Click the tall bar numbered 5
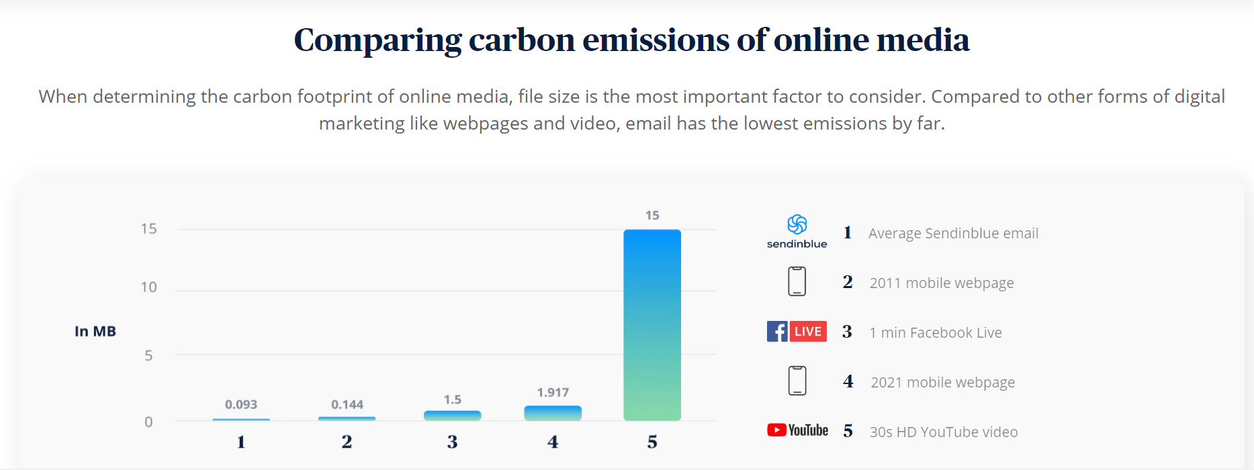tap(652, 326)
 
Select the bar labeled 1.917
tap(552, 413)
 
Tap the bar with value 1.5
tap(452, 416)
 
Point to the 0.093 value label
tap(241, 404)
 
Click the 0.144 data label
tap(347, 404)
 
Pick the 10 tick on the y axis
tap(148, 287)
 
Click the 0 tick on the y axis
tap(148, 422)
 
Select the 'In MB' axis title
tap(95, 331)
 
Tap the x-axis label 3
tap(452, 442)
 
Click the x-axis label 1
tap(241, 442)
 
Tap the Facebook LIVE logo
tap(797, 331)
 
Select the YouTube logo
tap(797, 430)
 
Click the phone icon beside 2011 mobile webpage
tap(797, 281)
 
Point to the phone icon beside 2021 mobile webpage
tap(797, 381)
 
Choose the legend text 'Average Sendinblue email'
tap(953, 233)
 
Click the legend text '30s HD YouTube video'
tap(944, 432)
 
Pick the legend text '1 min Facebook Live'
tap(936, 332)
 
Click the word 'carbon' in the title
tap(521, 40)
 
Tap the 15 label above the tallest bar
tap(652, 215)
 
